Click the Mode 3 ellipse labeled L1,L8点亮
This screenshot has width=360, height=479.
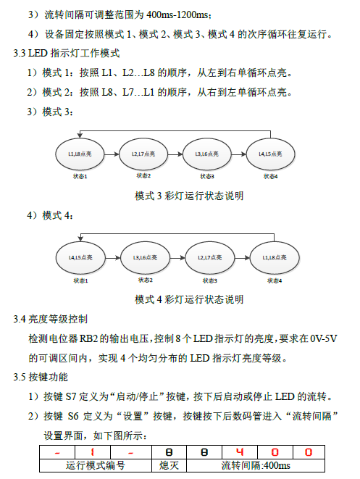coord(80,154)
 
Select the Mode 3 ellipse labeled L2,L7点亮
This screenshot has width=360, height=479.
coord(143,154)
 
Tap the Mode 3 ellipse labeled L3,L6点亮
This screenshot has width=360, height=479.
coord(207,154)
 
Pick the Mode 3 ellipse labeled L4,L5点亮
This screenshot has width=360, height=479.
coord(270,154)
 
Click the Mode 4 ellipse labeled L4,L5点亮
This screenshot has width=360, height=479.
coord(80,258)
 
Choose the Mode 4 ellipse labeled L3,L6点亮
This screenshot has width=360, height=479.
coord(145,258)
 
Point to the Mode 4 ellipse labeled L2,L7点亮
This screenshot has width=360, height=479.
coord(210,258)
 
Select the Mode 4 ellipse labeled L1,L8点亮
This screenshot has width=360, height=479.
coord(275,258)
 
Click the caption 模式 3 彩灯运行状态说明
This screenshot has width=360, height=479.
coord(189,196)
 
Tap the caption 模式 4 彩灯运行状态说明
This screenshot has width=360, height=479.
coord(189,299)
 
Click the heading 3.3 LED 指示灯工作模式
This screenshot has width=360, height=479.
coord(66,53)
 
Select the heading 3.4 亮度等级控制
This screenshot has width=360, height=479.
coord(51,319)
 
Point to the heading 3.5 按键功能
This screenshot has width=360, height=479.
coord(41,377)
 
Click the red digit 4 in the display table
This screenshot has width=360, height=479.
coord(240,451)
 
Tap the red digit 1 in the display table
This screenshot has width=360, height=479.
coord(92,452)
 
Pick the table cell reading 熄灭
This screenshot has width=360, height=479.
coord(169,465)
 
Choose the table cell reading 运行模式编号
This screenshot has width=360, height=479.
coord(96,465)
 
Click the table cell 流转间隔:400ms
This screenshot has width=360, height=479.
coord(256,465)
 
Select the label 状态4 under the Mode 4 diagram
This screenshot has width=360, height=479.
coord(275,280)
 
